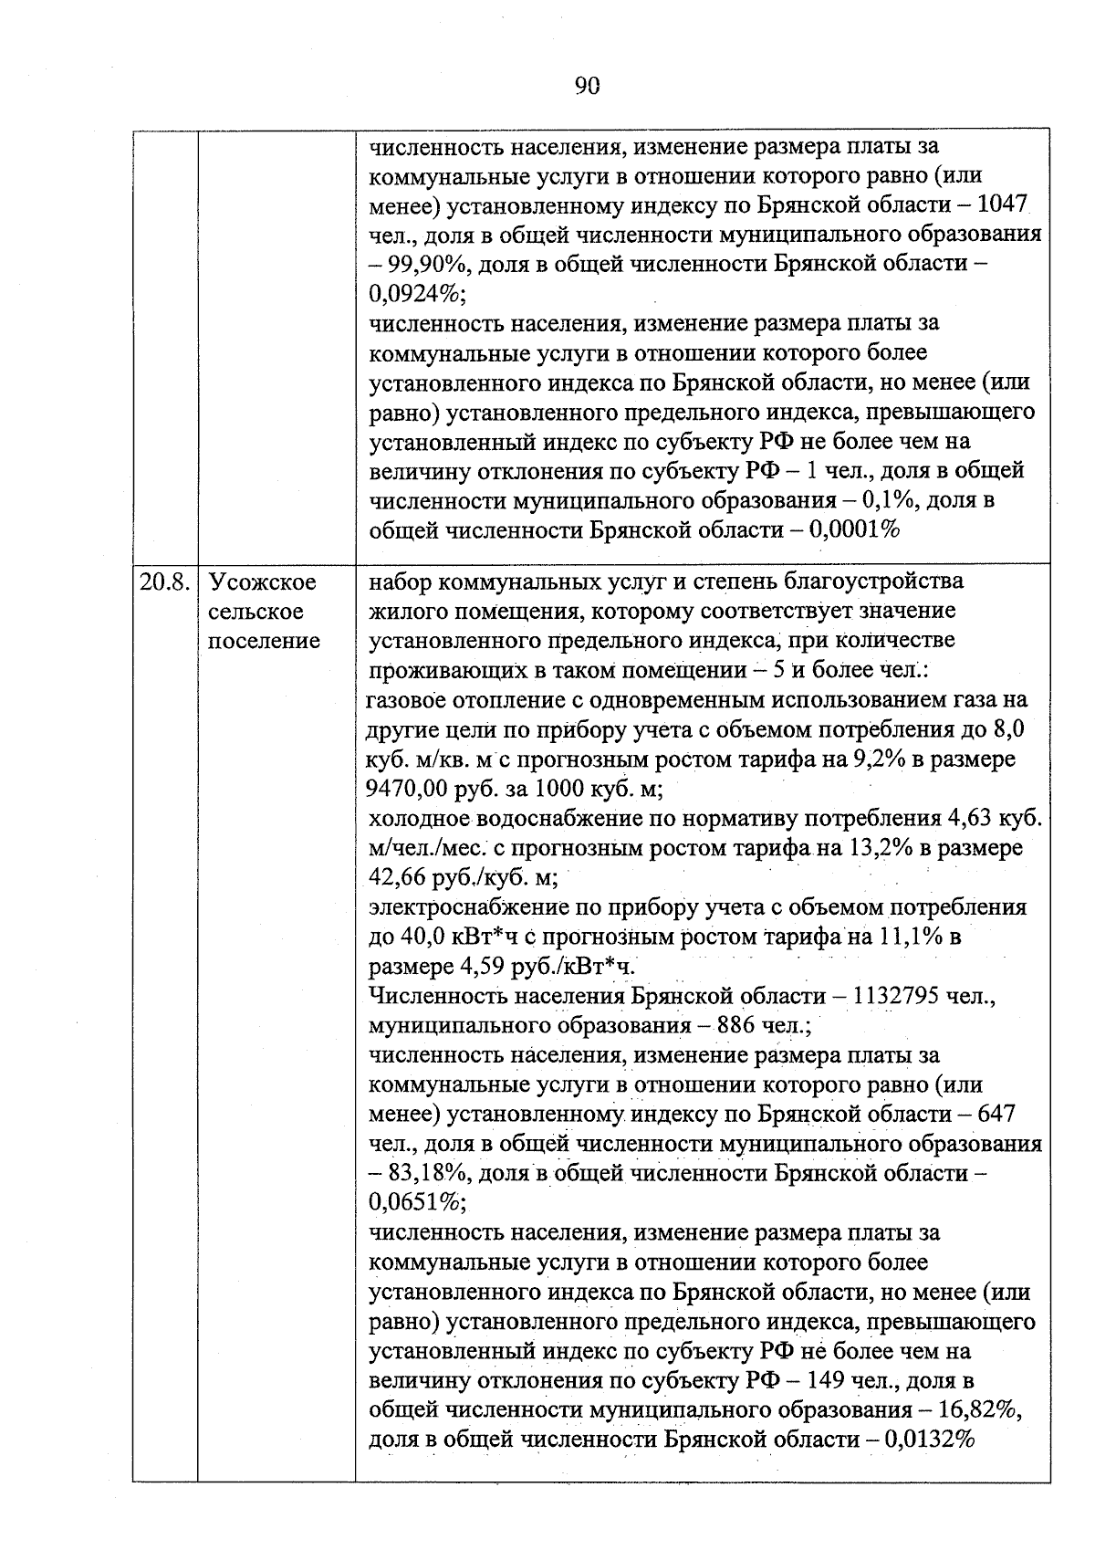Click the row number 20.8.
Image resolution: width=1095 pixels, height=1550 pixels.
pyautogui.click(x=164, y=581)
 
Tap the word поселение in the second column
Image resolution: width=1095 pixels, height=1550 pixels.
pyautogui.click(x=265, y=641)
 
